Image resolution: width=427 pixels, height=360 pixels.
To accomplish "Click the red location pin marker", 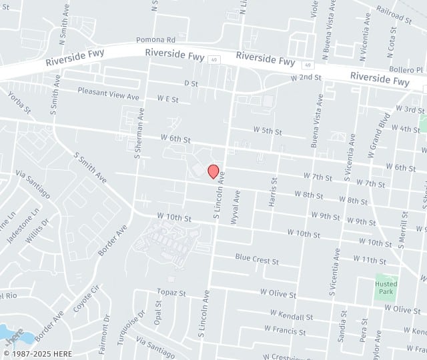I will [213, 171].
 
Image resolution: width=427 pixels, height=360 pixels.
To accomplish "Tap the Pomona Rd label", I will [155, 40].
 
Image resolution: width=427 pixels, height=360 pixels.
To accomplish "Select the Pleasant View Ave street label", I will [108, 94].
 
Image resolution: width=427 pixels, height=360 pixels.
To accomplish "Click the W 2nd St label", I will [306, 77].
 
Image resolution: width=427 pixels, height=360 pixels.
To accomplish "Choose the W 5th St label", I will [267, 131].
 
